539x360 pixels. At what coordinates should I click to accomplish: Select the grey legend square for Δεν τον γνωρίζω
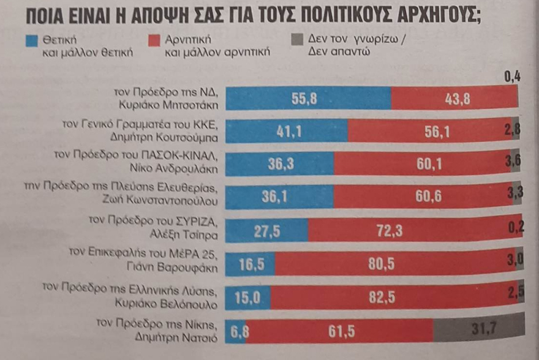[x=297, y=41]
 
